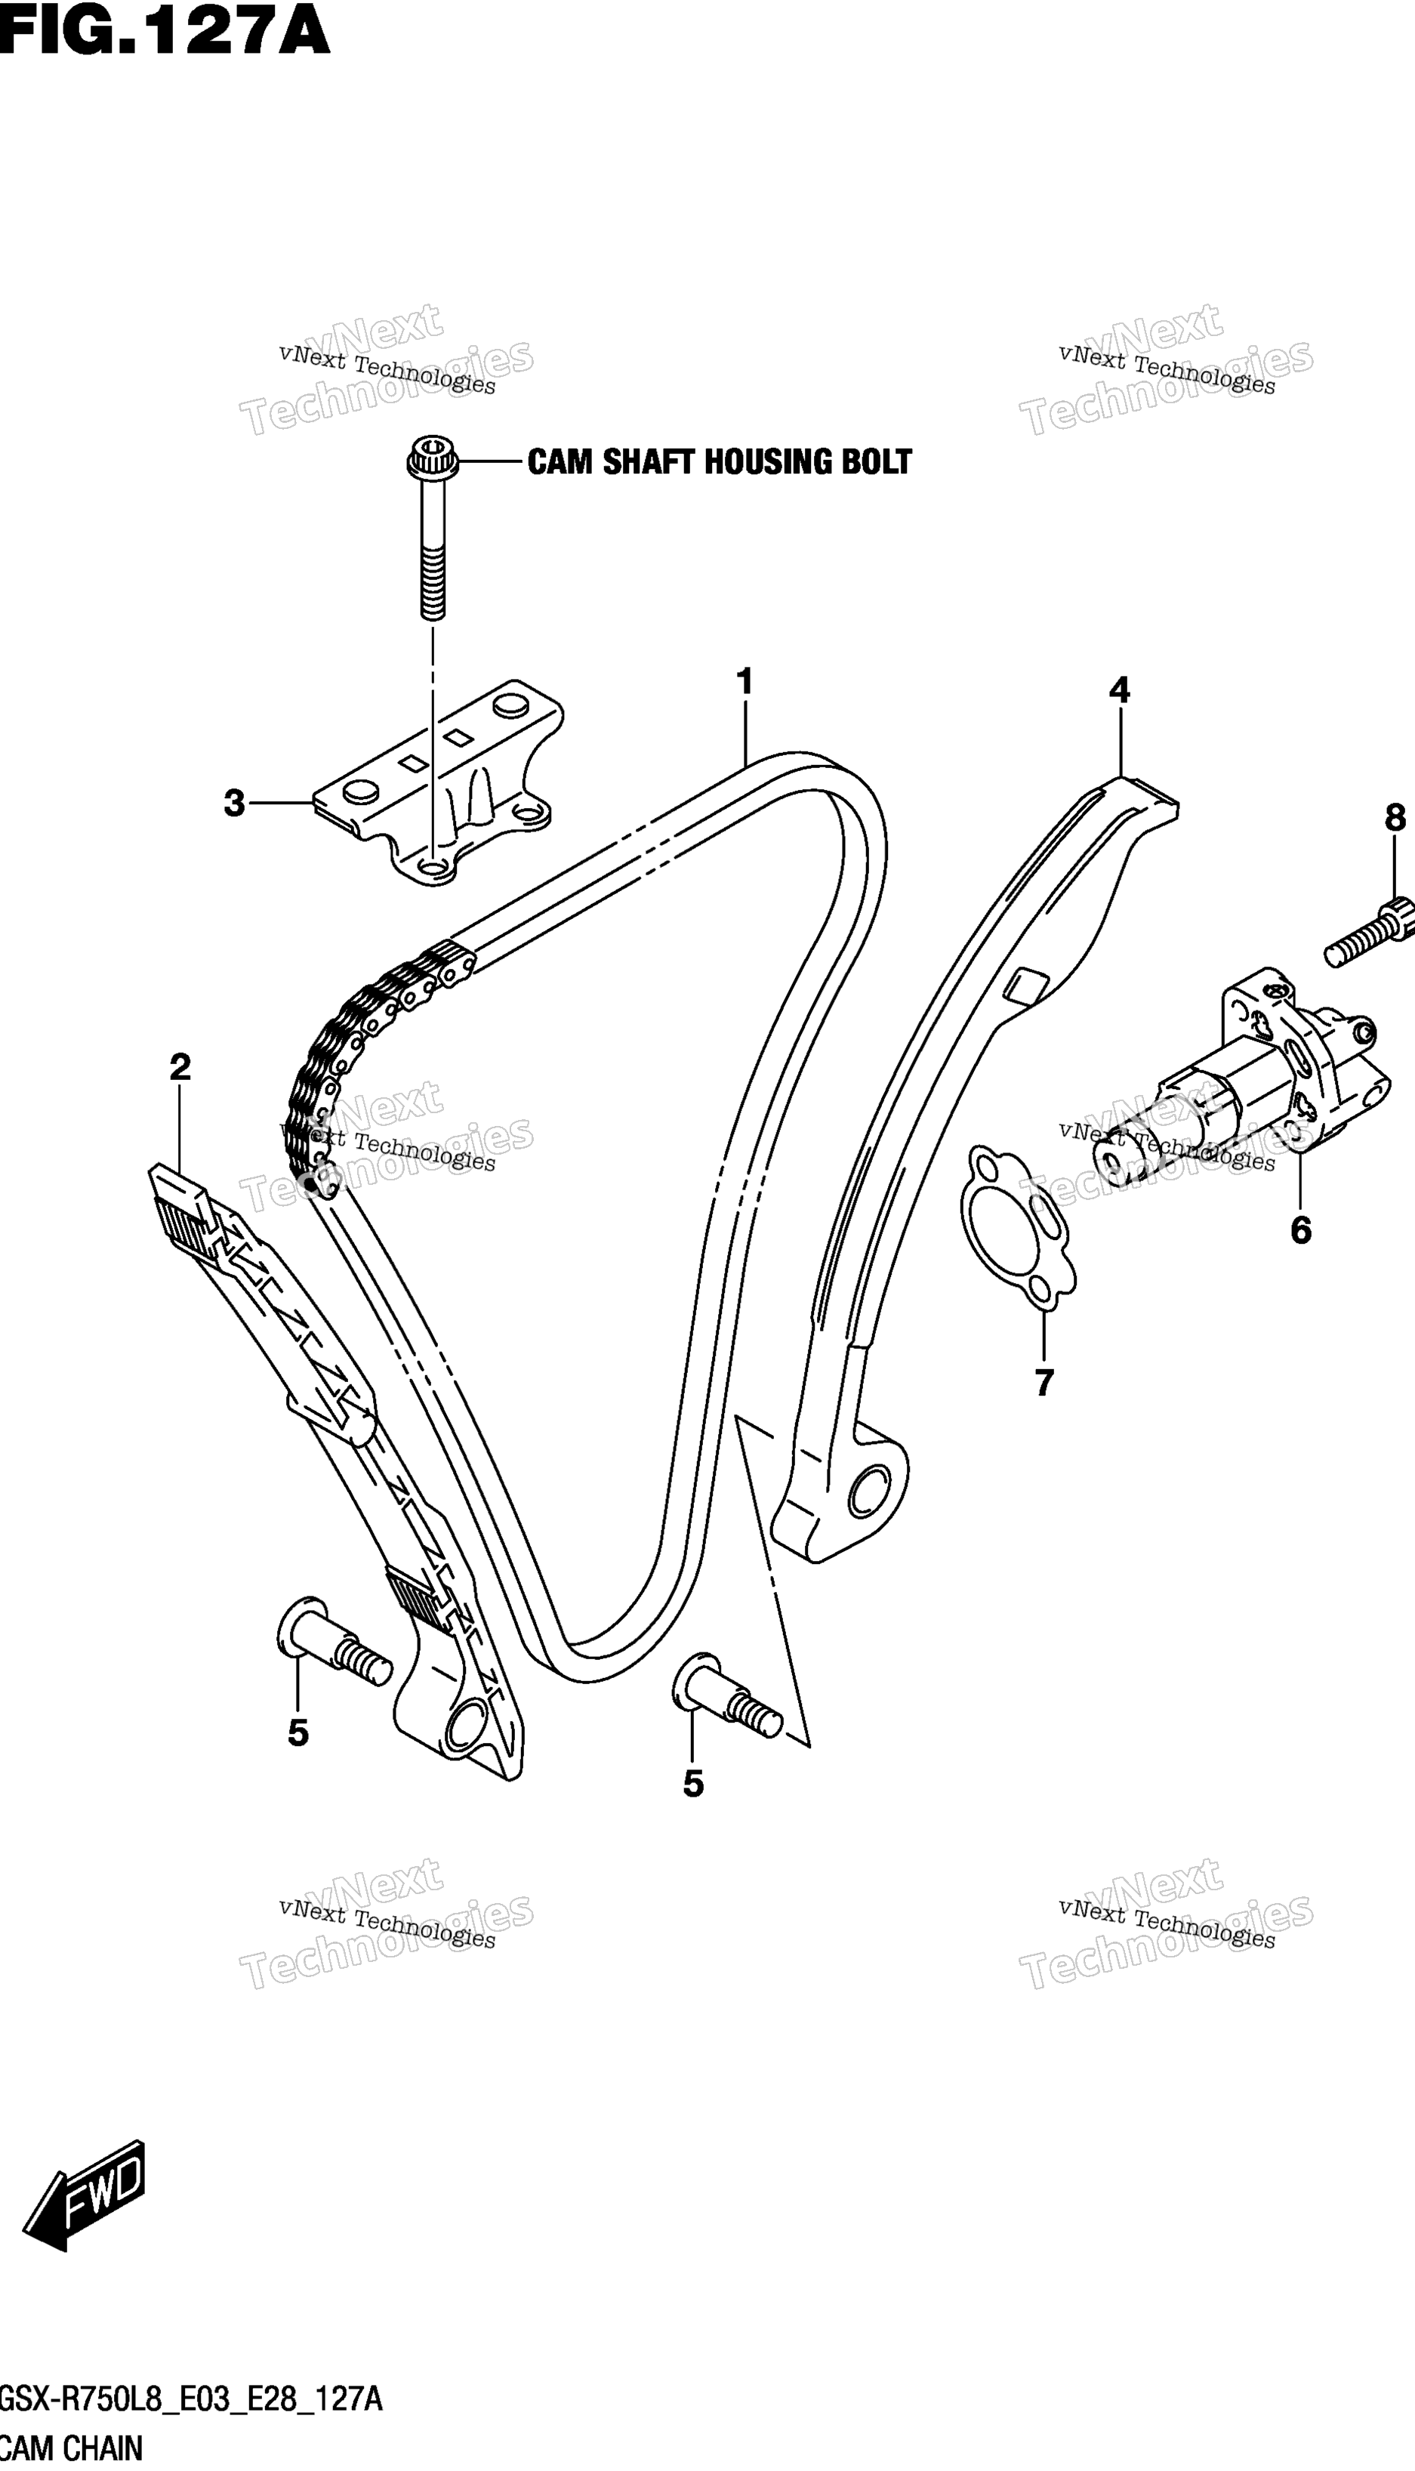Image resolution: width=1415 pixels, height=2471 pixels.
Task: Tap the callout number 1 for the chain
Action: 744,682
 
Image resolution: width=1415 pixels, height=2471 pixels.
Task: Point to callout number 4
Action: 1120,691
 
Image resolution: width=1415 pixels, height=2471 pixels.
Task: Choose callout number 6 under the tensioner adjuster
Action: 1301,1230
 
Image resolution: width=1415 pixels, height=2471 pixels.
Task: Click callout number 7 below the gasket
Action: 1044,1382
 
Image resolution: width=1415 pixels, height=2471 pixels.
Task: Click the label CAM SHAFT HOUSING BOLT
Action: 719,461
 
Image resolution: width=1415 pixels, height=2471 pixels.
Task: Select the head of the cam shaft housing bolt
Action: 431,457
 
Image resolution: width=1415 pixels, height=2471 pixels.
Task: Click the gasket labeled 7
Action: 1016,1223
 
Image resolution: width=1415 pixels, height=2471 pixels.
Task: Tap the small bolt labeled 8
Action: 1370,933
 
